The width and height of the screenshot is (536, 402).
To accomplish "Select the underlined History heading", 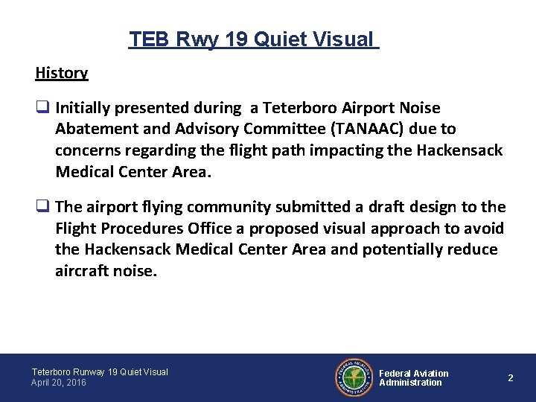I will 61,73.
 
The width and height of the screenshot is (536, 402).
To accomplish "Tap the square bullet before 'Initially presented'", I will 42,109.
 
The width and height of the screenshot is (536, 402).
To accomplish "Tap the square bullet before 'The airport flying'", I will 42,207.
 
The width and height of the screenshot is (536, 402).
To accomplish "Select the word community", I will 220,207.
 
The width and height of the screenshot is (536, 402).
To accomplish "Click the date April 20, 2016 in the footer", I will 59,383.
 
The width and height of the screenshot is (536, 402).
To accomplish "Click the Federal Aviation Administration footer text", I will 413,377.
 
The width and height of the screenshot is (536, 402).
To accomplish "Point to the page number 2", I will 510,378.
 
